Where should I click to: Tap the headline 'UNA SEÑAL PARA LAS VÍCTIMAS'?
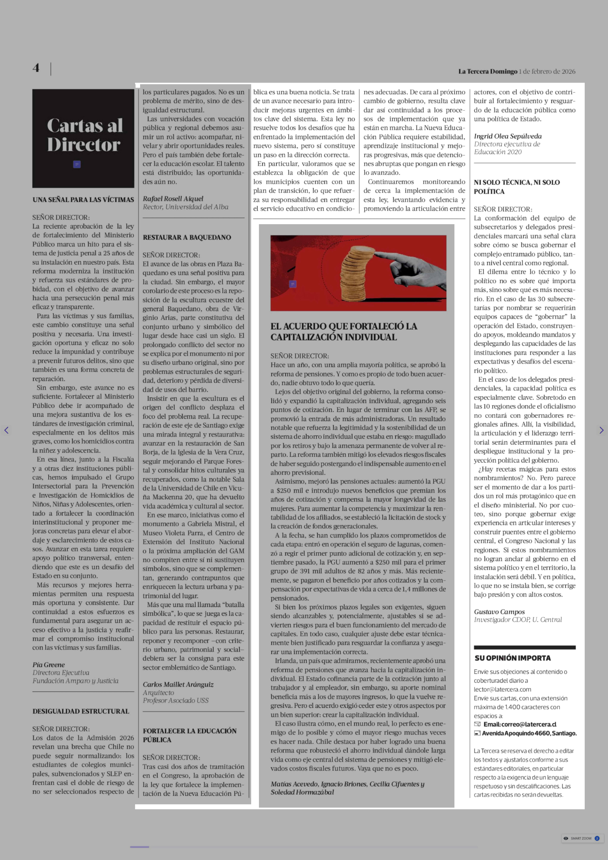(83, 200)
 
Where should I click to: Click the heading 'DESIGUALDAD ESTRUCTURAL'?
(81, 711)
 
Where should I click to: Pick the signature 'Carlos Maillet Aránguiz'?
(178, 684)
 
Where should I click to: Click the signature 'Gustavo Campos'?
(499, 612)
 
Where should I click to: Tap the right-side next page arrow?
(601, 430)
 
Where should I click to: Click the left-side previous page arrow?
(6, 430)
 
